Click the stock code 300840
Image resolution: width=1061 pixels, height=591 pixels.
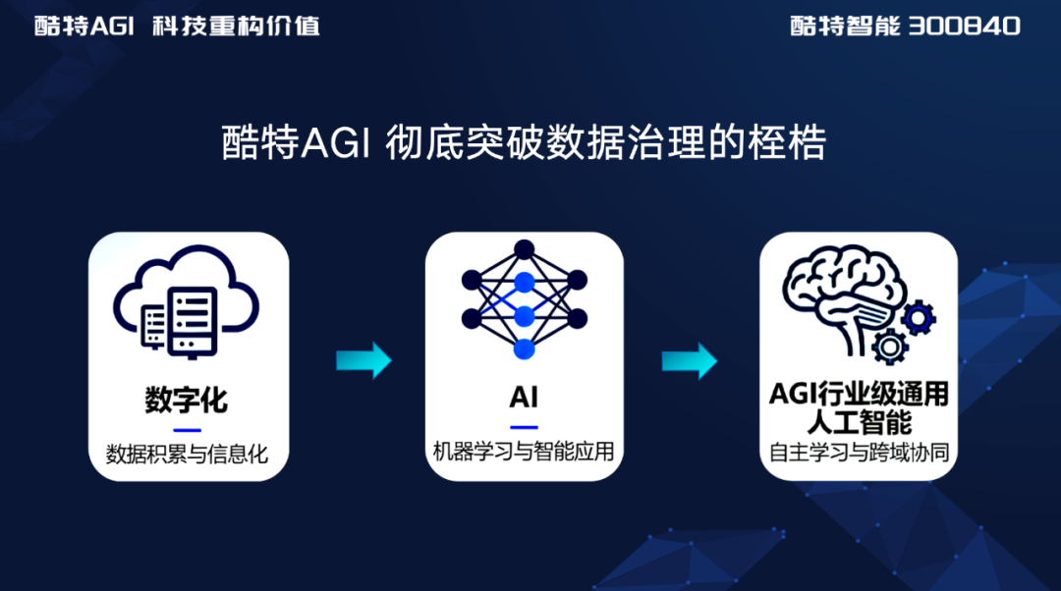965,27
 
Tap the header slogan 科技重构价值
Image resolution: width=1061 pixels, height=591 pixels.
236,27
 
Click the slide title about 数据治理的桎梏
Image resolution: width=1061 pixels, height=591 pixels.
524,142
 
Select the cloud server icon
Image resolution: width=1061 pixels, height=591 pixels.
186,301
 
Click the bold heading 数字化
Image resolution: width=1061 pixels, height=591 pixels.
186,400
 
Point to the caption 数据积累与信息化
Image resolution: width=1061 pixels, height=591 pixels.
187,454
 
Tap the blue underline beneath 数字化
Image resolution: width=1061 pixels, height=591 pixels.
188,430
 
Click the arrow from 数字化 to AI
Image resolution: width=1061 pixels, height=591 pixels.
364,360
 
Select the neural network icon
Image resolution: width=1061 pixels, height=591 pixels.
525,299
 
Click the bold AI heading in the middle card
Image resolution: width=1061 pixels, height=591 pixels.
524,397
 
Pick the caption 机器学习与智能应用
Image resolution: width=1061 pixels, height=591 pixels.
524,451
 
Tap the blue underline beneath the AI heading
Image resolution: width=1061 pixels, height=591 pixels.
524,427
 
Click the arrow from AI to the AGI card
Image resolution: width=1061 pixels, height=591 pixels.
690,360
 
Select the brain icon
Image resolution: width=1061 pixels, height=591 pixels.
844,297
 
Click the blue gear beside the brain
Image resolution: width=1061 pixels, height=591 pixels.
919,318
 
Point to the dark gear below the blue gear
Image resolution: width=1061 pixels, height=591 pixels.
890,348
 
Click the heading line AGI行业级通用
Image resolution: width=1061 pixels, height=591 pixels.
859,394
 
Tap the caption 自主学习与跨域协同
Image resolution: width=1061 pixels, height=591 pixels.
860,452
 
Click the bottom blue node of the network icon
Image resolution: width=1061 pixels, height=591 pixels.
525,349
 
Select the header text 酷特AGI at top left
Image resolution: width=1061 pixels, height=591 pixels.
84,27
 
